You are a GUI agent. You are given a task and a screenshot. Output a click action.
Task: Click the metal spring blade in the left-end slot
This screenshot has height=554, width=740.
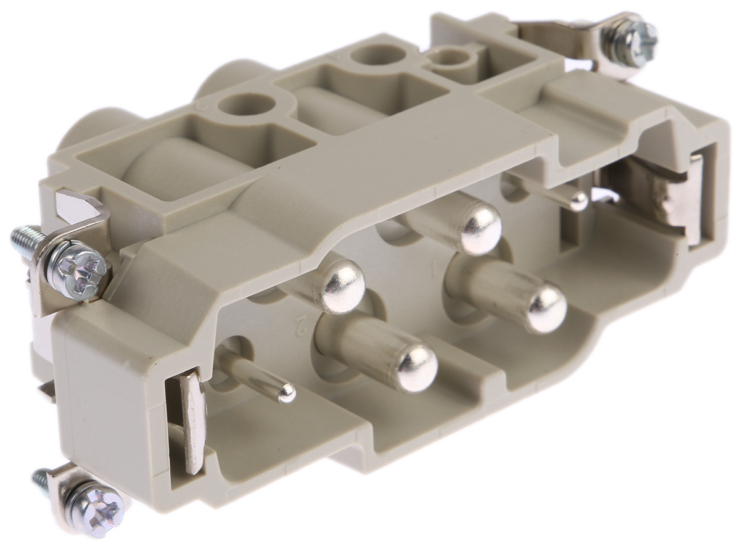191,420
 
